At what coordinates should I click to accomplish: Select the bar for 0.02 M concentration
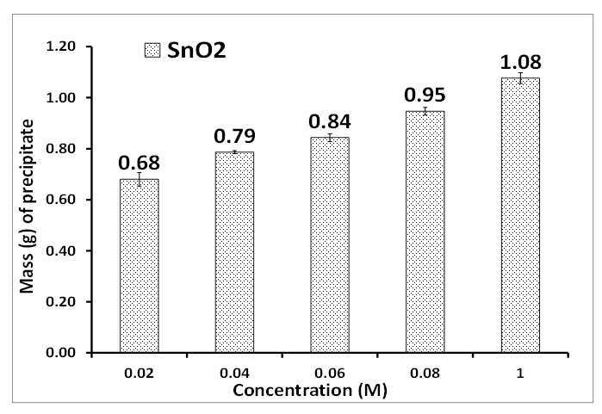146,267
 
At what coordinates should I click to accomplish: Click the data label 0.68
146,162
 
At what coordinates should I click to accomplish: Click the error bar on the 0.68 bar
146,179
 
